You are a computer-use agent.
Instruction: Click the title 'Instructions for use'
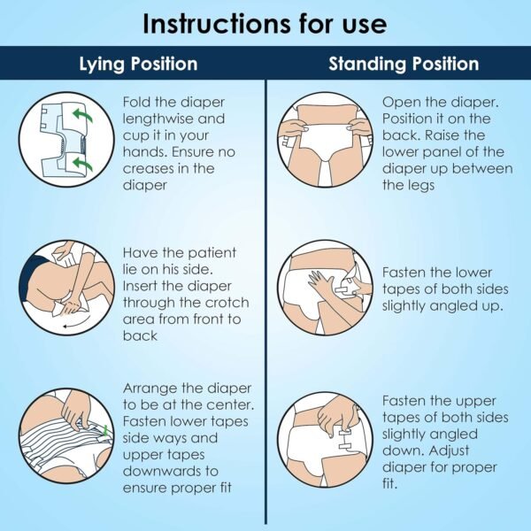[x=265, y=24]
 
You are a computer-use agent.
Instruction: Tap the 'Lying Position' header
[x=138, y=64]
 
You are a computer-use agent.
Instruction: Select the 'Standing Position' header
[x=404, y=64]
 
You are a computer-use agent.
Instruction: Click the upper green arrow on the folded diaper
[x=82, y=116]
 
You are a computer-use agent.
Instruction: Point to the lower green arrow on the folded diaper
[x=82, y=165]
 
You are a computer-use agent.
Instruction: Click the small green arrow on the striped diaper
[x=105, y=430]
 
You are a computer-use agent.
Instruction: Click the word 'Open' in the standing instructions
[x=398, y=103]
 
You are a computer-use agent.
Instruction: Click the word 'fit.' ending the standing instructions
[x=389, y=483]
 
